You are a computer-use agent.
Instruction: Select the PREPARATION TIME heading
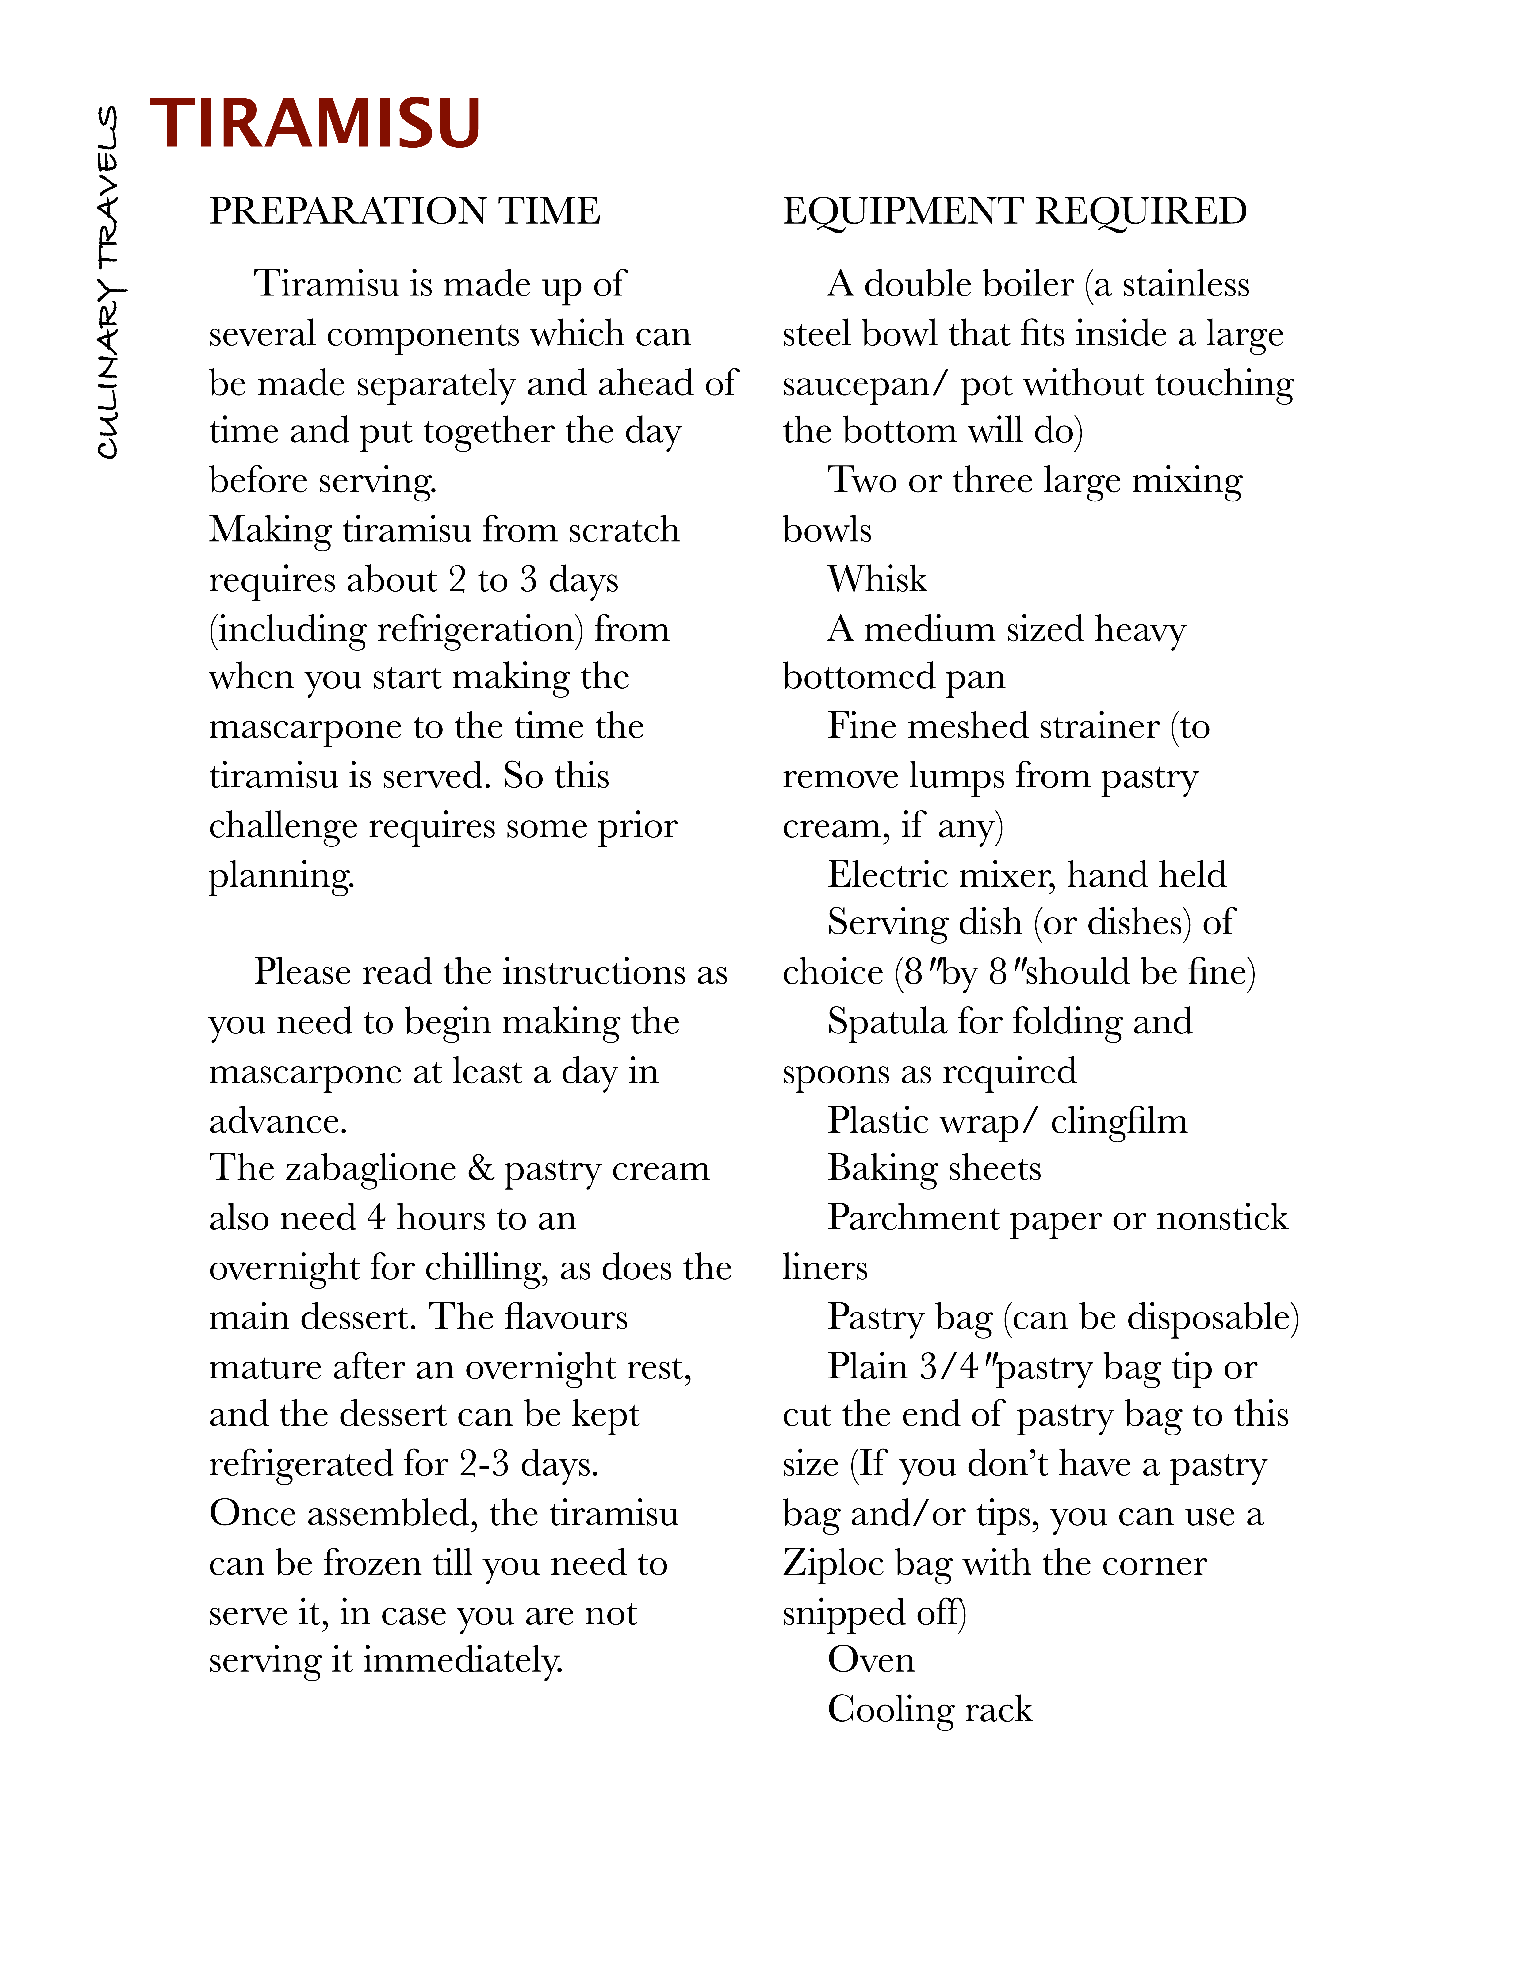404,211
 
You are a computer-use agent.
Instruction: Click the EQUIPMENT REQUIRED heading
1015,211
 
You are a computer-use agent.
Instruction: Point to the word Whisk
877,579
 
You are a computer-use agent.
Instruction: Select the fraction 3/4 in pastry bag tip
948,1366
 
